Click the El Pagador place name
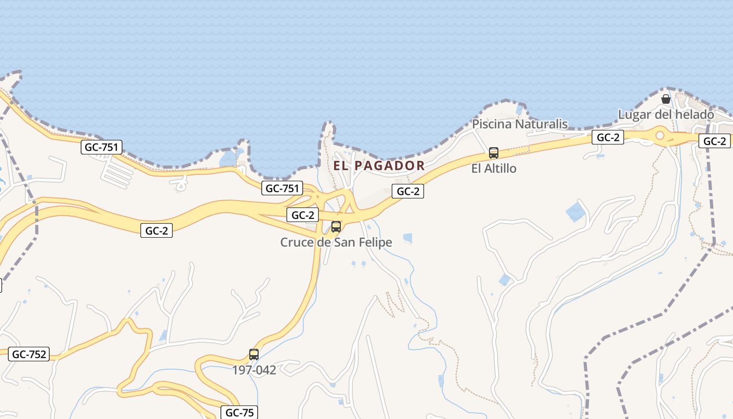tap(379, 166)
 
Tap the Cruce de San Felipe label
tap(336, 242)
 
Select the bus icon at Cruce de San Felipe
tap(336, 227)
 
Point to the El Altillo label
tap(494, 168)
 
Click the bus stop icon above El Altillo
tap(494, 153)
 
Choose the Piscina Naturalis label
tap(520, 124)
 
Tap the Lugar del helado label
tap(666, 114)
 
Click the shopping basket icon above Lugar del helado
tap(666, 99)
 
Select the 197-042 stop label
tap(254, 370)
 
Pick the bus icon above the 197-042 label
tap(254, 355)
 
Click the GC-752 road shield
tap(29, 354)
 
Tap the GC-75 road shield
tap(239, 413)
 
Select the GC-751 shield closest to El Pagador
tap(282, 189)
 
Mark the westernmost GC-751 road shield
tap(102, 147)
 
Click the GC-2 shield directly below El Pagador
tap(408, 191)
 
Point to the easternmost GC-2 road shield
tap(714, 141)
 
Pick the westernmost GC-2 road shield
tap(156, 230)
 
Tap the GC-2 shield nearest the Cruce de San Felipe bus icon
tap(303, 215)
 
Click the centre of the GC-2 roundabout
tap(660, 136)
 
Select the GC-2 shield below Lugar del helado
tap(608, 138)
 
